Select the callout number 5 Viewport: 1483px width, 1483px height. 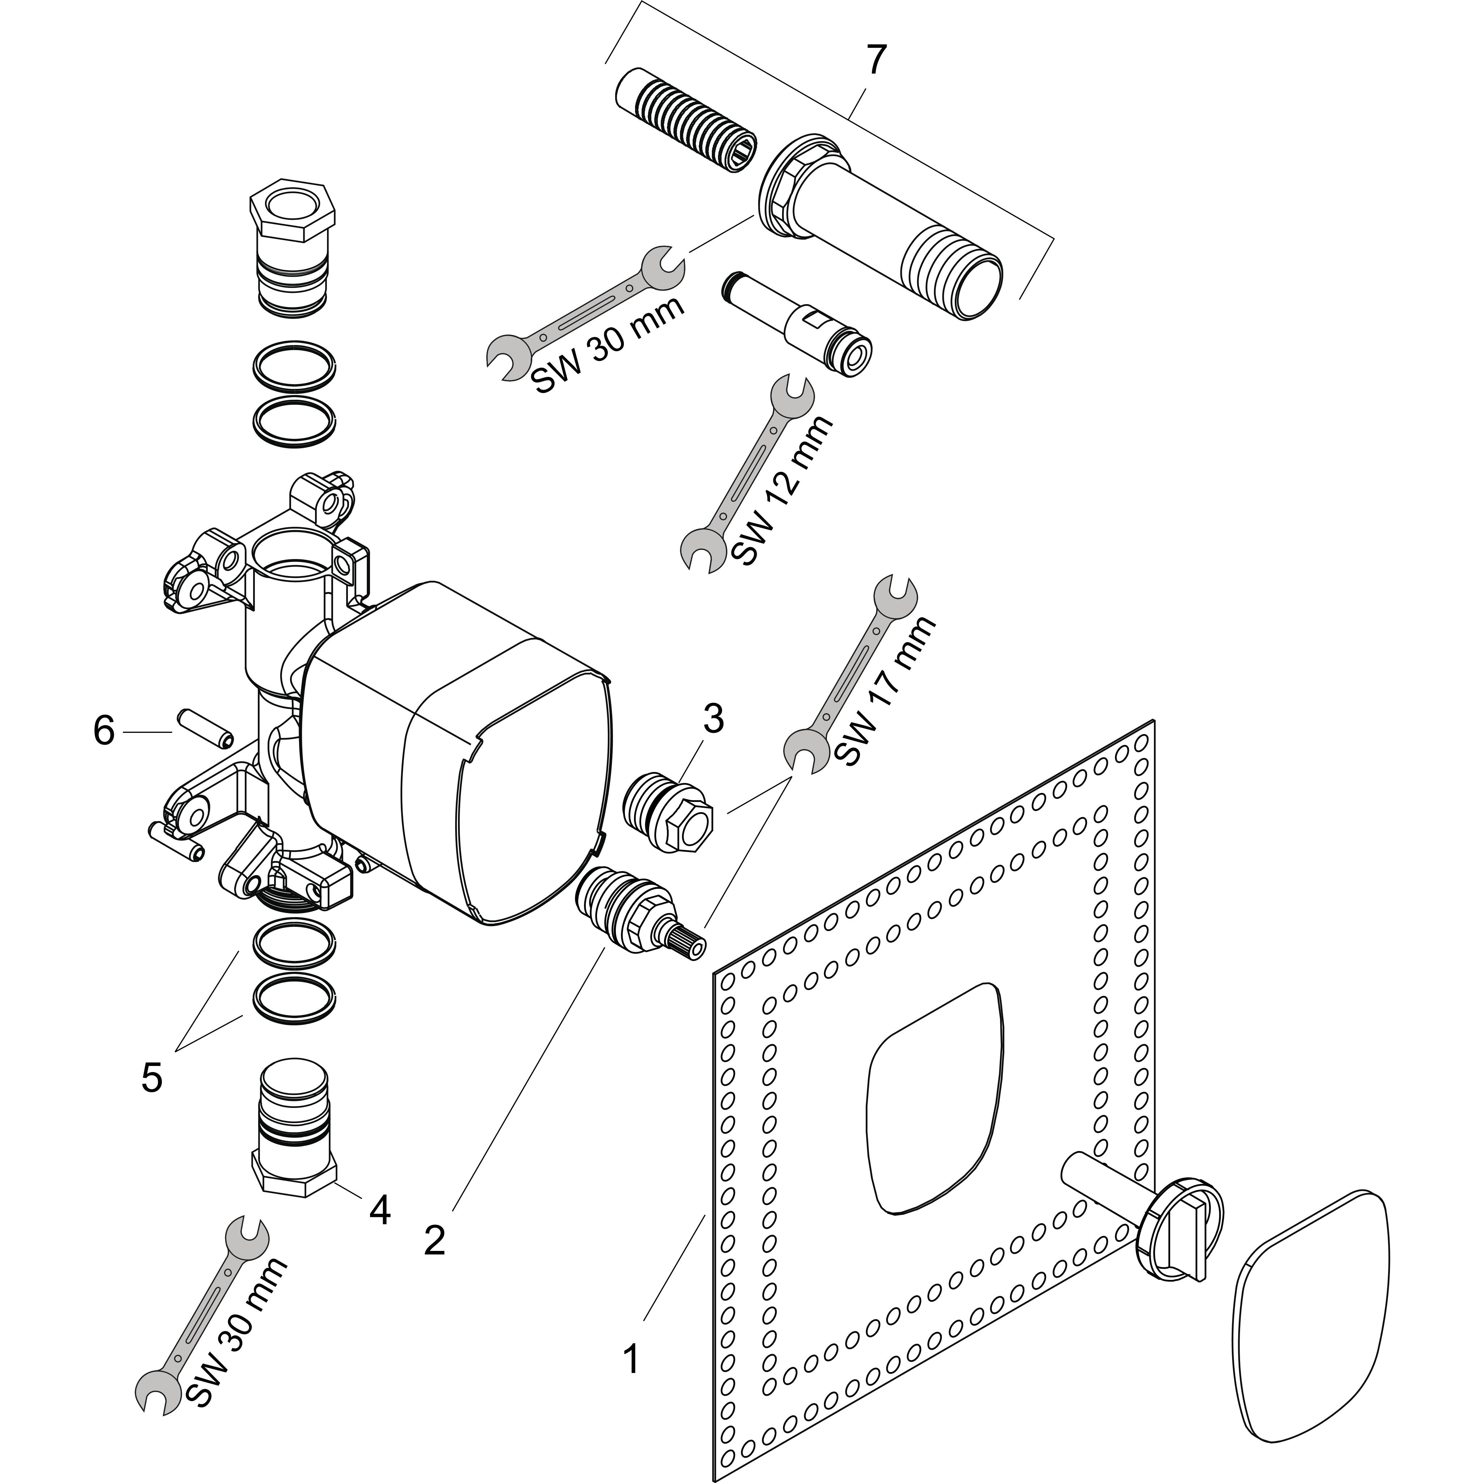click(x=152, y=1078)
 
